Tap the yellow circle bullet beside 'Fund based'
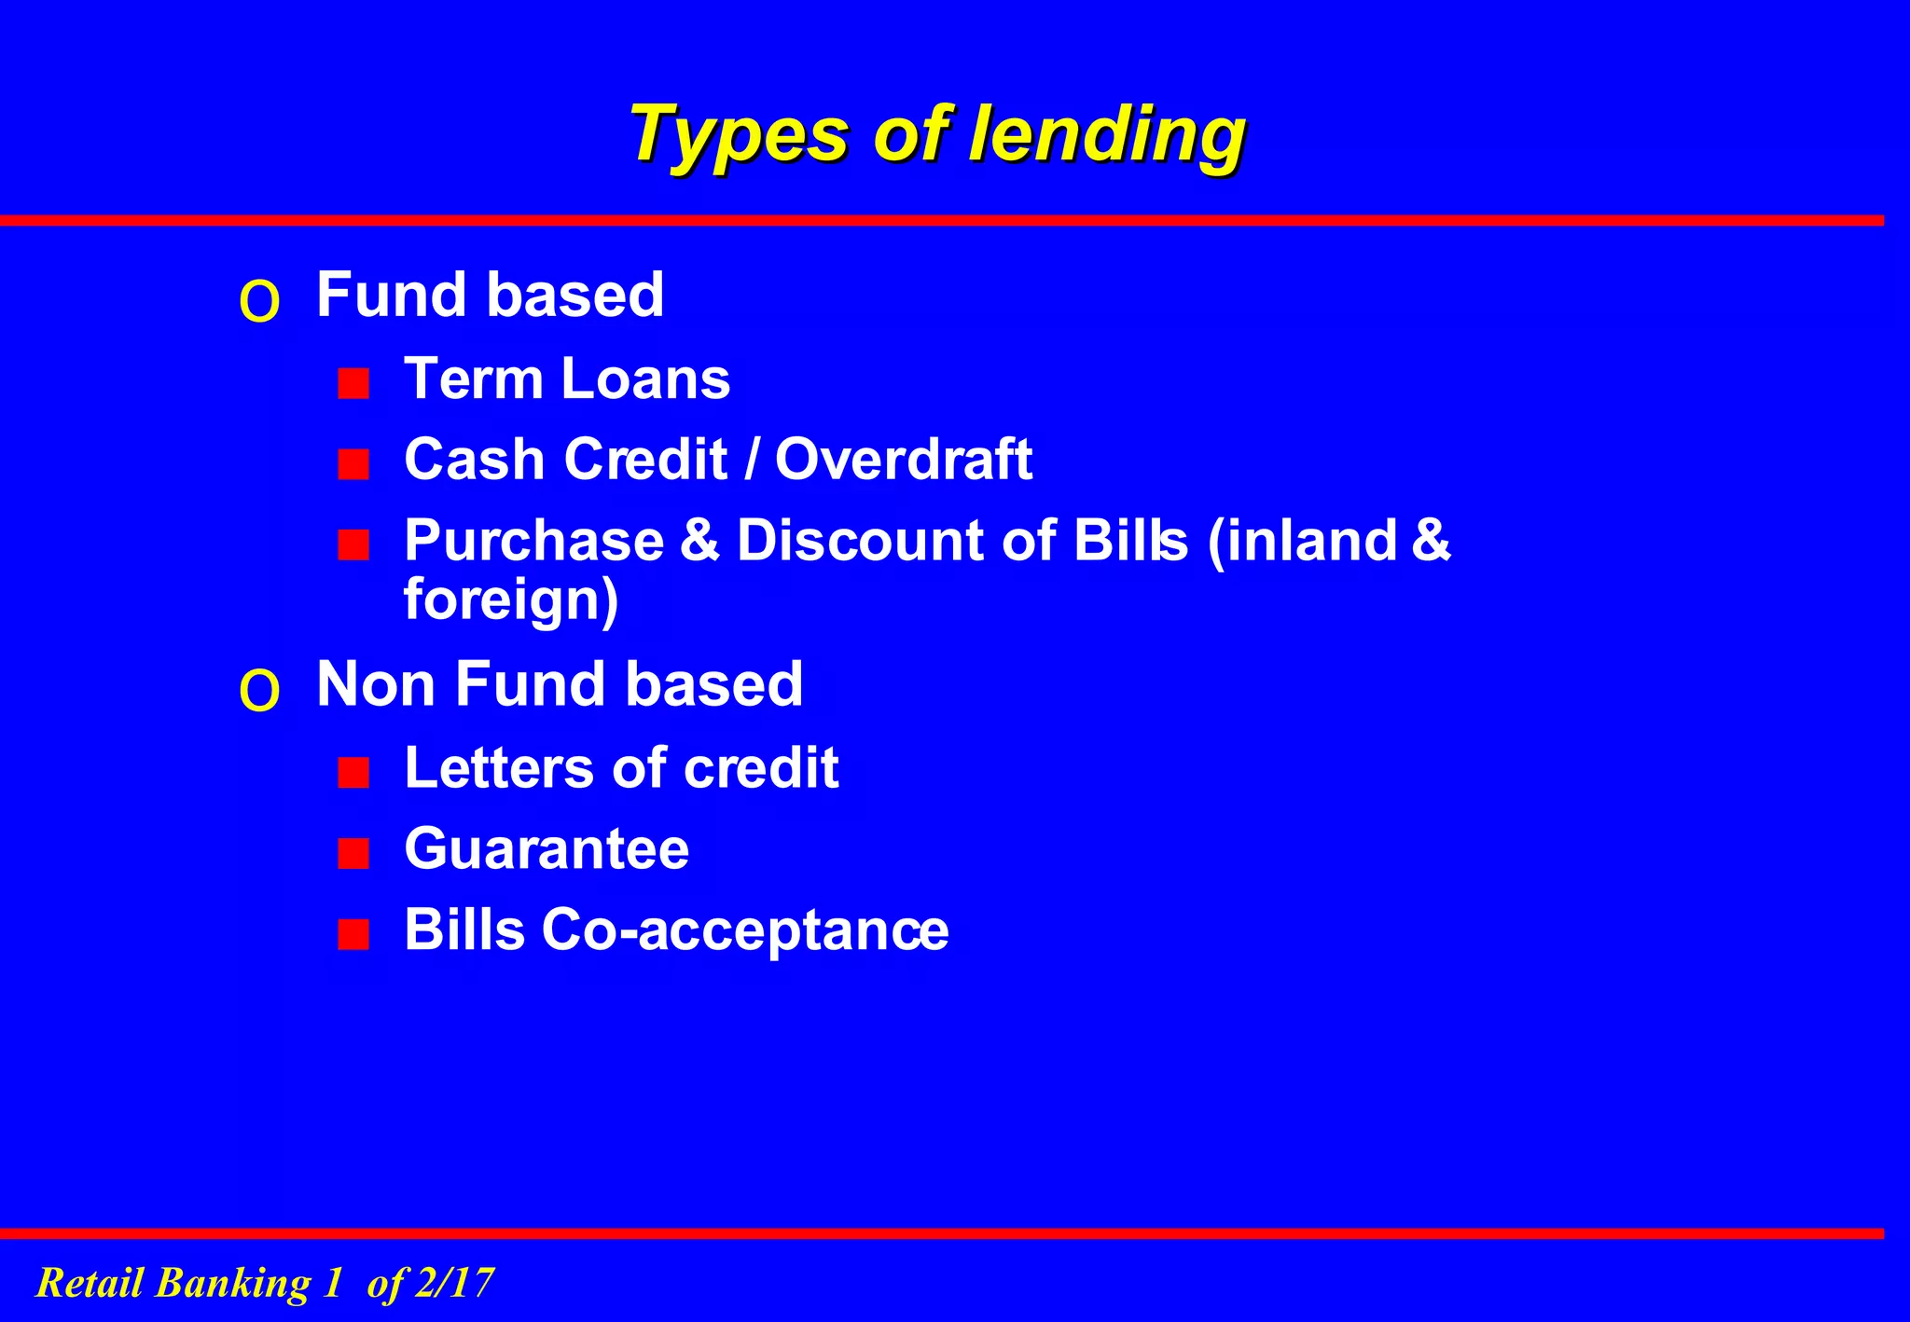pos(259,302)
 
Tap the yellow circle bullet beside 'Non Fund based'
pos(259,691)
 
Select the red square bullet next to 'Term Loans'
pos(353,383)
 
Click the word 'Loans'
pos(644,379)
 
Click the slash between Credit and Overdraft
pos(751,460)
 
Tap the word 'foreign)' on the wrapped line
pos(511,599)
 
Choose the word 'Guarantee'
pos(547,849)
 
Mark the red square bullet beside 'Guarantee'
pos(353,853)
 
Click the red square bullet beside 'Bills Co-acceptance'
pos(353,934)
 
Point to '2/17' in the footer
pos(453,1283)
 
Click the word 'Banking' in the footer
pos(233,1283)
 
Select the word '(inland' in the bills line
pos(1302,541)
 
